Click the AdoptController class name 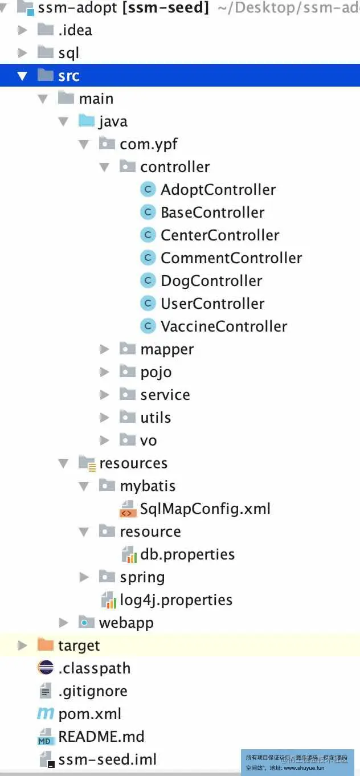(218, 190)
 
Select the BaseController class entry (212, 213)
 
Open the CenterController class (220, 235)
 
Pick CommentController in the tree (231, 258)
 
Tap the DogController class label (211, 281)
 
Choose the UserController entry (212, 304)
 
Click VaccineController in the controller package (224, 326)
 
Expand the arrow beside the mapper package (104, 349)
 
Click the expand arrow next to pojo (104, 372)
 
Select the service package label (165, 395)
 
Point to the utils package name (156, 418)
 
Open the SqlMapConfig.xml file (205, 509)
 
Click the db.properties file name (187, 554)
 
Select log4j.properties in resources (176, 600)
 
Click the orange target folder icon (45, 645)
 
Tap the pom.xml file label (89, 714)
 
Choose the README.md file (101, 737)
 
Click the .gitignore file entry (92, 691)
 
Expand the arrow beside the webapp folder (64, 623)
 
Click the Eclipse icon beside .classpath (45, 668)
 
